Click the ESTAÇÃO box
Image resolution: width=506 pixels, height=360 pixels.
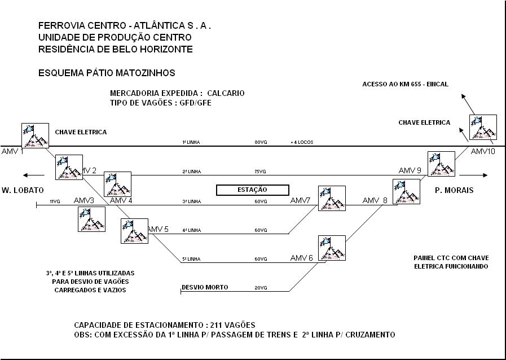(x=253, y=190)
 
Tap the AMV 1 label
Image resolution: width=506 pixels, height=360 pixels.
(x=12, y=152)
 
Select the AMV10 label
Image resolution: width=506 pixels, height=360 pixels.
(x=483, y=151)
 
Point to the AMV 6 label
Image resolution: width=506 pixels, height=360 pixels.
(x=302, y=258)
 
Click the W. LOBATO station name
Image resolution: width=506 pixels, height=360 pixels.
(x=23, y=190)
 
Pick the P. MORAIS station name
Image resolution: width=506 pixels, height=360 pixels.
(x=454, y=190)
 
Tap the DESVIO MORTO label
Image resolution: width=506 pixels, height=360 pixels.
(x=205, y=287)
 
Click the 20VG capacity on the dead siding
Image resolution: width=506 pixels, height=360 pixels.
(x=261, y=288)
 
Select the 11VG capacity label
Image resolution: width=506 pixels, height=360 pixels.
(x=55, y=201)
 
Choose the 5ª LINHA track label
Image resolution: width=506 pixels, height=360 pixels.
(x=191, y=259)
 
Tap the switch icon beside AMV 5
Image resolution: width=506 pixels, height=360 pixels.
(x=134, y=231)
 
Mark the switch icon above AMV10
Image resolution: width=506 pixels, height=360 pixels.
(x=483, y=128)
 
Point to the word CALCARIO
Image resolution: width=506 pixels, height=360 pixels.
(x=226, y=93)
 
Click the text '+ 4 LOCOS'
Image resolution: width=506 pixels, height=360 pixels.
(x=302, y=142)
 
